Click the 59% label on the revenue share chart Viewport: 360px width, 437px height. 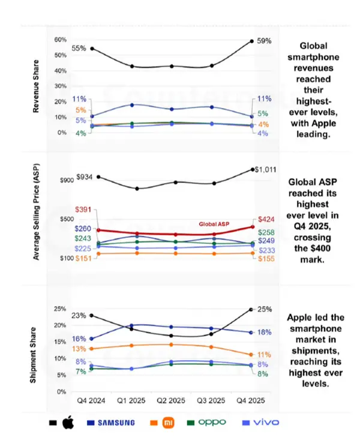tap(264, 41)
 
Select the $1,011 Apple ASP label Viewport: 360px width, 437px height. tap(265, 170)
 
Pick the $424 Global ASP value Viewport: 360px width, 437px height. tap(266, 219)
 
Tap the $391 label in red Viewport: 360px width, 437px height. tap(83, 209)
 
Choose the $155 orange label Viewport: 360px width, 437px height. tap(266, 258)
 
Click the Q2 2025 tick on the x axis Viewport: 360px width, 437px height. tap(172, 400)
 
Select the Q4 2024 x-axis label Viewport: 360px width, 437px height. tap(91, 400)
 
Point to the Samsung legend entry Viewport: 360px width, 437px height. tap(112, 423)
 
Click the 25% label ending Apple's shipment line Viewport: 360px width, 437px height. tap(265, 309)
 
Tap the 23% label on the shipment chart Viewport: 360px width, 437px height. tap(78, 316)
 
